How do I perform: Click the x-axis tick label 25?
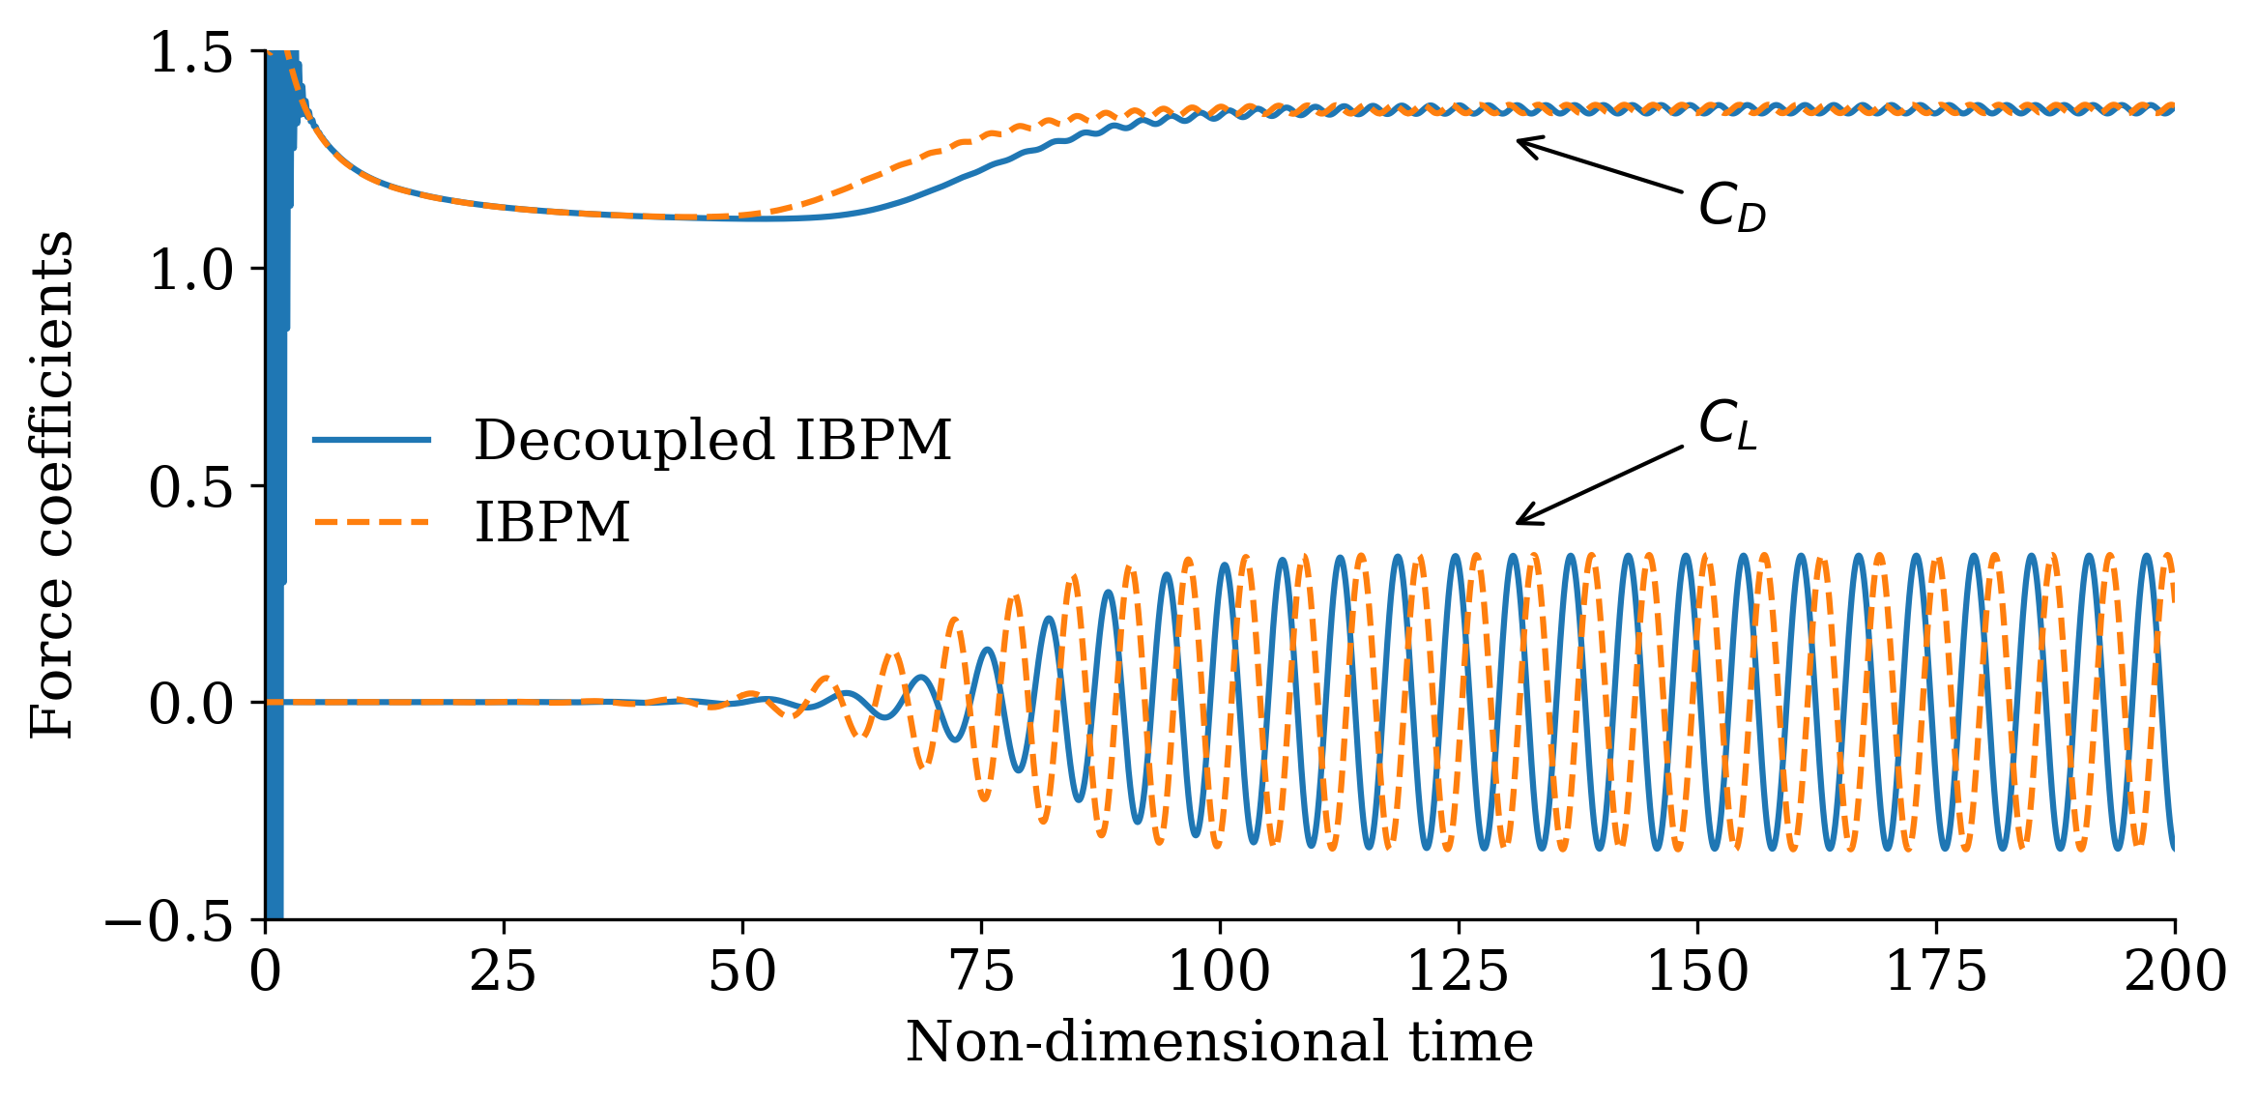[x=503, y=971]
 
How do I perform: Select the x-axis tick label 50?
[x=741, y=971]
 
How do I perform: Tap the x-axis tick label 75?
[x=981, y=971]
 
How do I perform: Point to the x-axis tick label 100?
[x=1219, y=971]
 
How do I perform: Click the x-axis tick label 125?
[x=1458, y=971]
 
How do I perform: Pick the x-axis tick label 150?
[x=1696, y=971]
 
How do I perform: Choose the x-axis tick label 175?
[x=1935, y=971]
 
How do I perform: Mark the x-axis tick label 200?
[x=2175, y=971]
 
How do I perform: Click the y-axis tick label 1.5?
[x=191, y=52]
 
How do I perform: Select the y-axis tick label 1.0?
[x=191, y=270]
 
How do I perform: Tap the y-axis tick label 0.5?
[x=191, y=487]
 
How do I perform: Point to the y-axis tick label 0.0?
[x=191, y=704]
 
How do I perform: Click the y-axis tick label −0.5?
[x=169, y=921]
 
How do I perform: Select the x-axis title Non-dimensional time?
[x=1219, y=1043]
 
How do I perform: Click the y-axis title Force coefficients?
[x=52, y=485]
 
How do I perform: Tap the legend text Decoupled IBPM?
[x=712, y=441]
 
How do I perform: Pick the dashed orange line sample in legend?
[x=372, y=523]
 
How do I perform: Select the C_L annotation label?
[x=1727, y=425]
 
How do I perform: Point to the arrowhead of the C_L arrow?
[x=1519, y=523]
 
